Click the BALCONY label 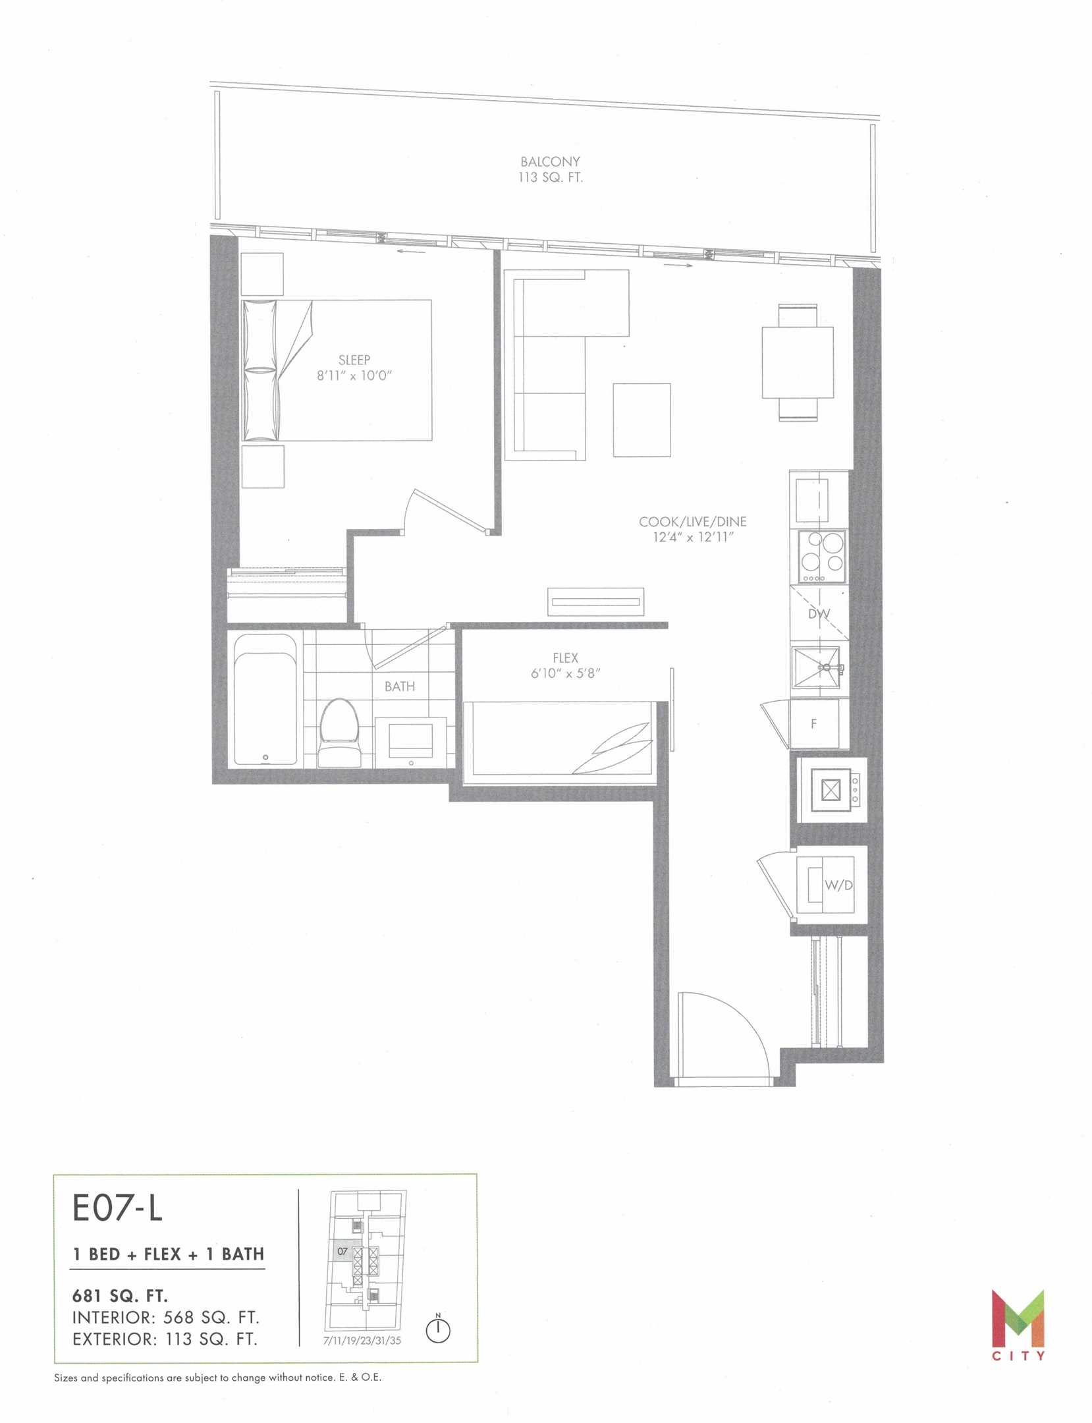click(550, 161)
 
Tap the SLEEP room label click(354, 360)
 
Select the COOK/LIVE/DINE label click(692, 522)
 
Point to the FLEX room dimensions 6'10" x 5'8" click(566, 673)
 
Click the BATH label click(400, 686)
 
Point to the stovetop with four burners click(822, 557)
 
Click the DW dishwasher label click(819, 614)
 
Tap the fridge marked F click(814, 723)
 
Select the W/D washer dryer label click(839, 885)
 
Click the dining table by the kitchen click(798, 362)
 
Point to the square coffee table click(642, 420)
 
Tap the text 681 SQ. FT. click(120, 1296)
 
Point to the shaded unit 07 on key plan click(342, 1250)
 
